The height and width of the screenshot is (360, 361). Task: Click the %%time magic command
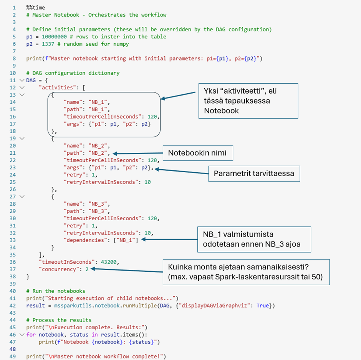35,8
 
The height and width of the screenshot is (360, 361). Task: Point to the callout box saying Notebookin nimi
197,153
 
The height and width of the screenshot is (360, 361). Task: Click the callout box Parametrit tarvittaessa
254,173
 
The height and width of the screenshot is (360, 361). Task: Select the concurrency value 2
87,269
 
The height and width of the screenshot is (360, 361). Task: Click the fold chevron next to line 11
21,80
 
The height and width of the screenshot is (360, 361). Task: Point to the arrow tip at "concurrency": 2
92,269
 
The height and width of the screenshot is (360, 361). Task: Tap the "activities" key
56,88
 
